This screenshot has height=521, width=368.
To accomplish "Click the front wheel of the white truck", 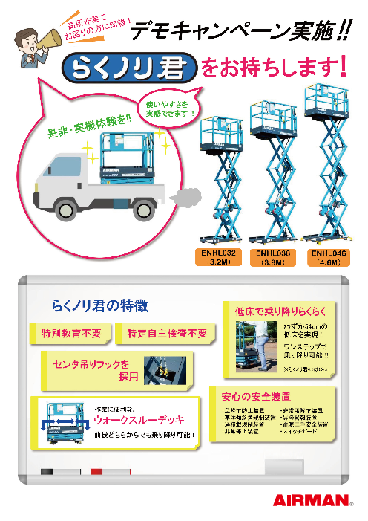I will click(59, 203).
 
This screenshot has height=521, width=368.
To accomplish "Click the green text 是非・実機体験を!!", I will click(89, 126).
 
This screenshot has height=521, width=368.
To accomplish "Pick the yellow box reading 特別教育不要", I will click(71, 333).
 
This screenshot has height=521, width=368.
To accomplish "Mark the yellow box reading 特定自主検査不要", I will click(167, 333).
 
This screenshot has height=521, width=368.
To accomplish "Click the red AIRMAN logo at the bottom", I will click(311, 500).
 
